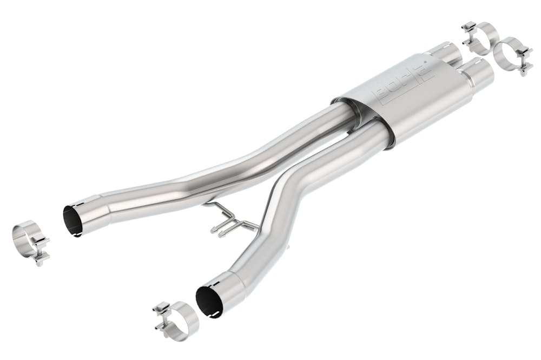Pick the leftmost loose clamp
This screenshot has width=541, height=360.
click(x=30, y=241)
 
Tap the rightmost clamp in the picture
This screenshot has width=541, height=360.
click(x=511, y=54)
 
